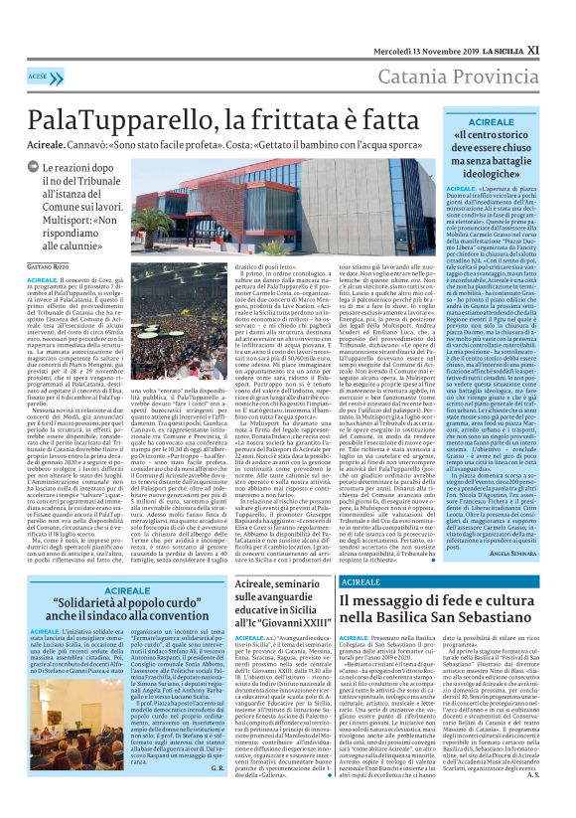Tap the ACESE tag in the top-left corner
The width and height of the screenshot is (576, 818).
click(x=39, y=77)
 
